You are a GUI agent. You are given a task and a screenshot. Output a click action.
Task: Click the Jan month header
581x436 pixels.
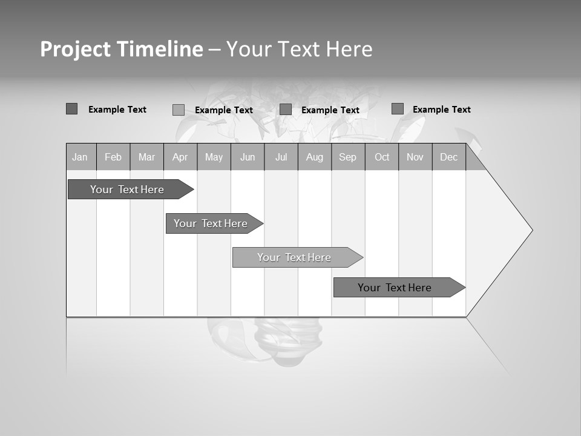coord(80,157)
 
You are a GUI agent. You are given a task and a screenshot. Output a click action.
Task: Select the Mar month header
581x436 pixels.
coord(146,157)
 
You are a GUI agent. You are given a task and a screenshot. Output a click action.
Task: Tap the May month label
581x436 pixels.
coord(214,157)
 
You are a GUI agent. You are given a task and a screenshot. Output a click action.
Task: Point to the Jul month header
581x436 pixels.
coord(281,157)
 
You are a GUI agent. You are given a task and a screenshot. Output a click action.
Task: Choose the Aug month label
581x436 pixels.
coord(315,157)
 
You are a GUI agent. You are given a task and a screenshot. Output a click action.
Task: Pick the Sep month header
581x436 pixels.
coord(347,157)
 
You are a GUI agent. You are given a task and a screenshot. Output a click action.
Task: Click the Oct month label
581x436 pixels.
coord(382,157)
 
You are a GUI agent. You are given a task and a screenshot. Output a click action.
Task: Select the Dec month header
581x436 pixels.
coord(448,157)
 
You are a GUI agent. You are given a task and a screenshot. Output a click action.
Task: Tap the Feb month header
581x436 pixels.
coord(113,157)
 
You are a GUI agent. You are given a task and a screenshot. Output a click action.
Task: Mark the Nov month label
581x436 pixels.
coord(415,157)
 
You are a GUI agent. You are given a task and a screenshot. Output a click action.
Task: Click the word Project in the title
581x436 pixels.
coord(76,49)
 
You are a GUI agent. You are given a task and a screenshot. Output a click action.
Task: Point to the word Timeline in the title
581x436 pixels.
coord(160,49)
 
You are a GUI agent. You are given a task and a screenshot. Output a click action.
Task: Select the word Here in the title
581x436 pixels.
coord(349,49)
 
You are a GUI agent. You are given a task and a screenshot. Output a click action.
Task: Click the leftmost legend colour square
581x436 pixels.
coord(71,109)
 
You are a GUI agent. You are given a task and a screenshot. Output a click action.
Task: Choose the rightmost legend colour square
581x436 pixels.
coord(397,109)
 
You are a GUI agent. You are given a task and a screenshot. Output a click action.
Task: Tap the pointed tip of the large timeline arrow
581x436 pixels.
coord(531,230)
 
